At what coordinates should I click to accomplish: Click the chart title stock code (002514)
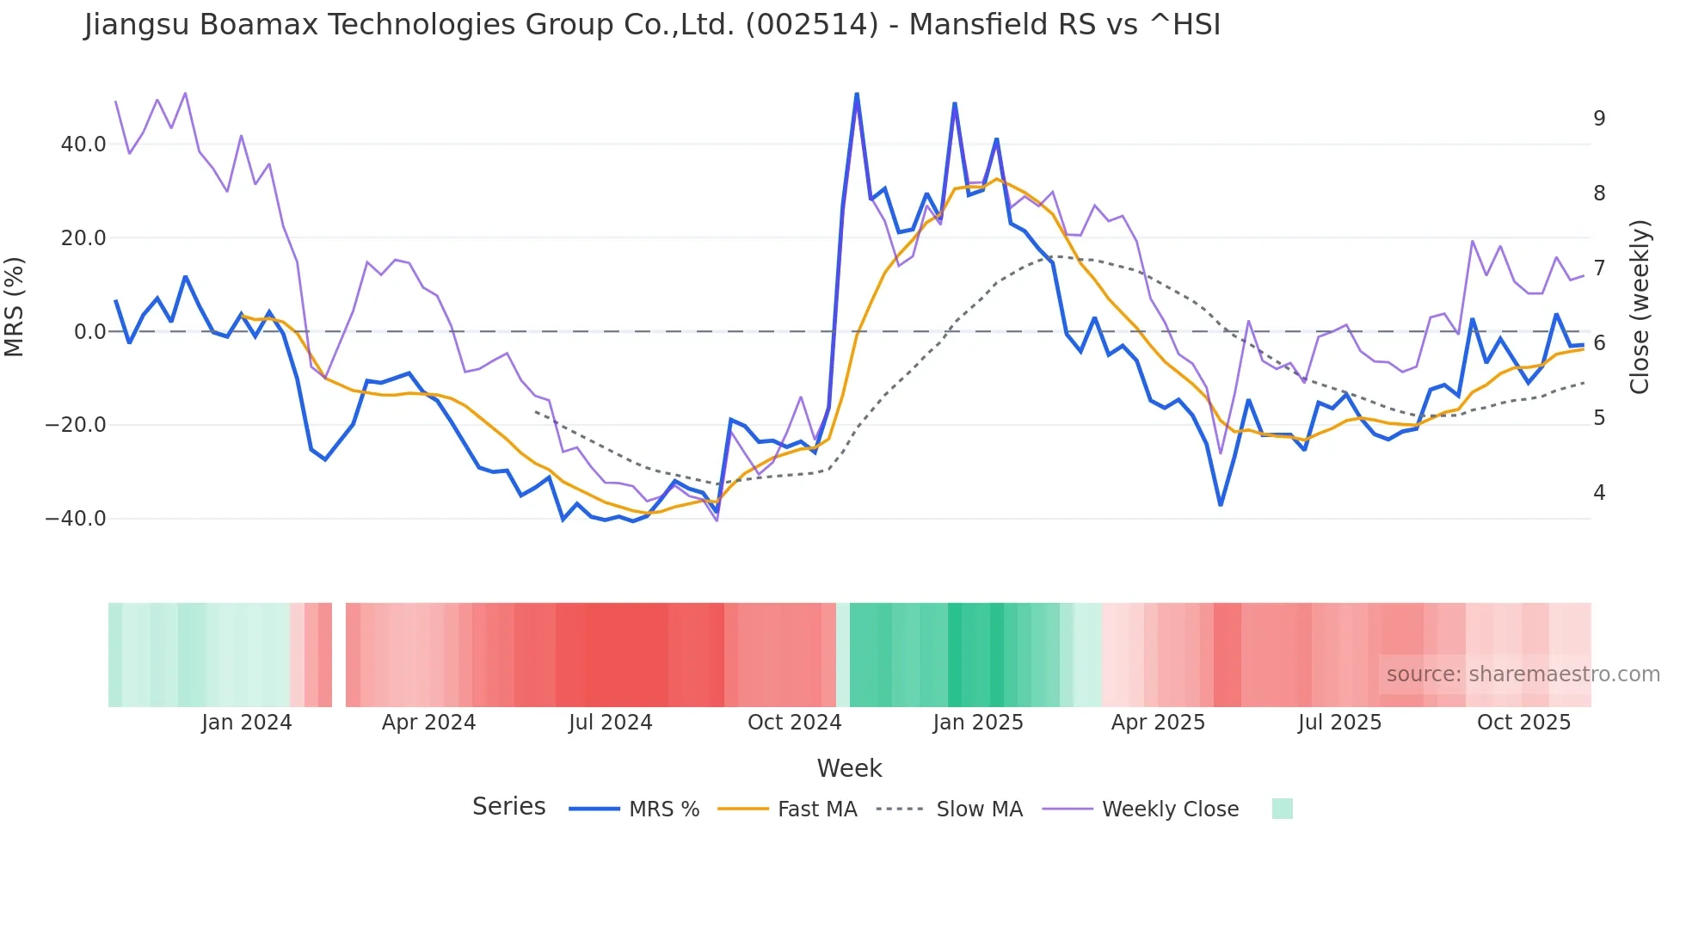(x=811, y=25)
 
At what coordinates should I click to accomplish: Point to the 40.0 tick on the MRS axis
(x=83, y=145)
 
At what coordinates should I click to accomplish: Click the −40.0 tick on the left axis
(x=76, y=519)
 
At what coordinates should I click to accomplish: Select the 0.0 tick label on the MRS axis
(x=89, y=332)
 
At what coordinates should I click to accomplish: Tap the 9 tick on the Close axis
(x=1599, y=119)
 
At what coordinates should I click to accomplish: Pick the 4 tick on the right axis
(x=1599, y=493)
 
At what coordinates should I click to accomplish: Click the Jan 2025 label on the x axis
(x=978, y=723)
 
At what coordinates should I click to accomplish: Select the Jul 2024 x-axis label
(x=611, y=723)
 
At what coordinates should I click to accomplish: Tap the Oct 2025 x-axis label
(x=1523, y=723)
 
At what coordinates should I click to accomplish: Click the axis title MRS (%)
(x=15, y=307)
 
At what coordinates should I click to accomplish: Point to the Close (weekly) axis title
(x=1640, y=307)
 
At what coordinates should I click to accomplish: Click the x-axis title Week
(x=849, y=768)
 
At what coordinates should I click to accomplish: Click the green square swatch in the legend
(x=1282, y=809)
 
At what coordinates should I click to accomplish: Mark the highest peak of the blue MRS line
(x=857, y=94)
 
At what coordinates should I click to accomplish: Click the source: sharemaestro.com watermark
(x=1523, y=674)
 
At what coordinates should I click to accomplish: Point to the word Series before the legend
(x=508, y=807)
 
